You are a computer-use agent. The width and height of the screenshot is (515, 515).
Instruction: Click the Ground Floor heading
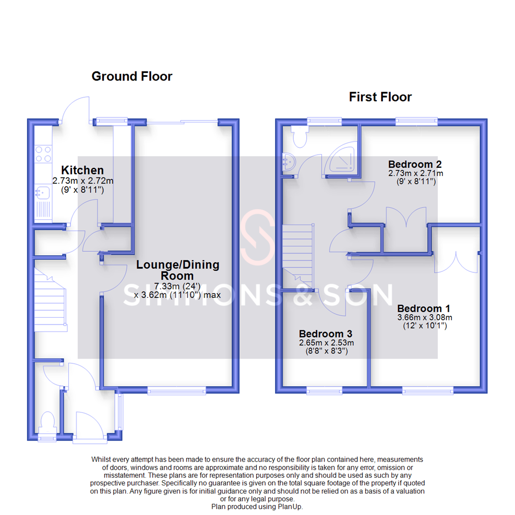point(132,76)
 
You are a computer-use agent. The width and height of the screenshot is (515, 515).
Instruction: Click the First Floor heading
point(380,97)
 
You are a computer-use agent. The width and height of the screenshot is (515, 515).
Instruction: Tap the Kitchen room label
point(82,170)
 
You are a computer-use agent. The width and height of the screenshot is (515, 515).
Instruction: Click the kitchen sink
point(40,193)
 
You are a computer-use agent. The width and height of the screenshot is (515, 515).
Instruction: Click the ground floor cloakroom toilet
point(47,422)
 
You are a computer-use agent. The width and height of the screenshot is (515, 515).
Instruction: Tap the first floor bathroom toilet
point(300,137)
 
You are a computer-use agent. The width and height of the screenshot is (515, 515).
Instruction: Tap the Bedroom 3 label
point(326,333)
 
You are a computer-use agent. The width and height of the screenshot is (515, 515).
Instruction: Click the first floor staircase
point(298,255)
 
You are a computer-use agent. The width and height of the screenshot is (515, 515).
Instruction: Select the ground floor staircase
point(49,303)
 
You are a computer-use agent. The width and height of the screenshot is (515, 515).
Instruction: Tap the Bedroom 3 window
point(324,391)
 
